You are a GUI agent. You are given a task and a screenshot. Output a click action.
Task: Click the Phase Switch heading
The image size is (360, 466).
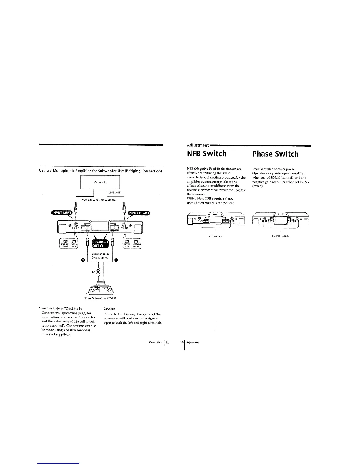pyautogui.click(x=275, y=154)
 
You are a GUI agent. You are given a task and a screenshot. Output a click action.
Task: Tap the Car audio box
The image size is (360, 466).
pyautogui.click(x=100, y=182)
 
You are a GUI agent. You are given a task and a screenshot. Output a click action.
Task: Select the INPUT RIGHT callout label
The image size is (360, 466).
pyautogui.click(x=138, y=213)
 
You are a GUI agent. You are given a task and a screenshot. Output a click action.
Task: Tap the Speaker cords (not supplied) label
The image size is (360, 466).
pyautogui.click(x=101, y=256)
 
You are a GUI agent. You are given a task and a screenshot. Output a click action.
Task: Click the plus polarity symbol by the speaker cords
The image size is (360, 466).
pyautogui.click(x=83, y=260)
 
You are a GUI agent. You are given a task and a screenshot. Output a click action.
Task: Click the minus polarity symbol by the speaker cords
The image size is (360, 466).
pyautogui.click(x=116, y=260)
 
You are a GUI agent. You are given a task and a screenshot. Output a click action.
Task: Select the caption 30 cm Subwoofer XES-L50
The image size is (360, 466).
pyautogui.click(x=101, y=298)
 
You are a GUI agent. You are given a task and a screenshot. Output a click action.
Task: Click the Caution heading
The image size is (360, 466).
pyautogui.click(x=109, y=309)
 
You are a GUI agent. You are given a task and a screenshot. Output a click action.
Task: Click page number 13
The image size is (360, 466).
pyautogui.click(x=167, y=342)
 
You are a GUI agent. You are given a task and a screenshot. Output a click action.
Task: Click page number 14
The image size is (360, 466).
pyautogui.click(x=182, y=342)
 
